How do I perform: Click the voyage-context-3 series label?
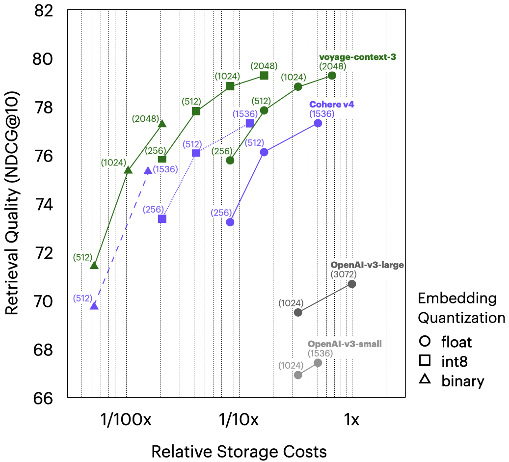point(357,57)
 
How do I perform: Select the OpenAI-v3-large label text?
point(367,265)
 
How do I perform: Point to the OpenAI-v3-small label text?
point(345,344)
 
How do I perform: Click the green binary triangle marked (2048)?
point(162,124)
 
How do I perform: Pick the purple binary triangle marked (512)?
point(94,306)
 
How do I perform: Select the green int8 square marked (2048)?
point(264,75)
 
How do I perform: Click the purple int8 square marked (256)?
point(162,218)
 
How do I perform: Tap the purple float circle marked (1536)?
point(318,123)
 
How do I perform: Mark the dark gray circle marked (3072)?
point(351,284)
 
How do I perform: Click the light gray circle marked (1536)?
point(318,362)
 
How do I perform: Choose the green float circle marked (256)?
point(230,160)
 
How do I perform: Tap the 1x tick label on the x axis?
point(351,420)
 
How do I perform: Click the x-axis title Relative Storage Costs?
point(239,451)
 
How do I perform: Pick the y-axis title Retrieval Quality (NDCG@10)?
point(12,204)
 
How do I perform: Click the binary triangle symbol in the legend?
point(425,380)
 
